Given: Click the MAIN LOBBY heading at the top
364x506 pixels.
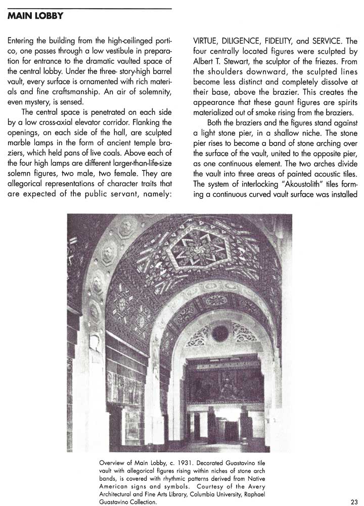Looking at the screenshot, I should click(x=35, y=16).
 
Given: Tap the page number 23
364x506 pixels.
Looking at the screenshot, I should click(x=353, y=501).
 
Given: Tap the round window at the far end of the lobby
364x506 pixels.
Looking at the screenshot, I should click(x=219, y=333).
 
